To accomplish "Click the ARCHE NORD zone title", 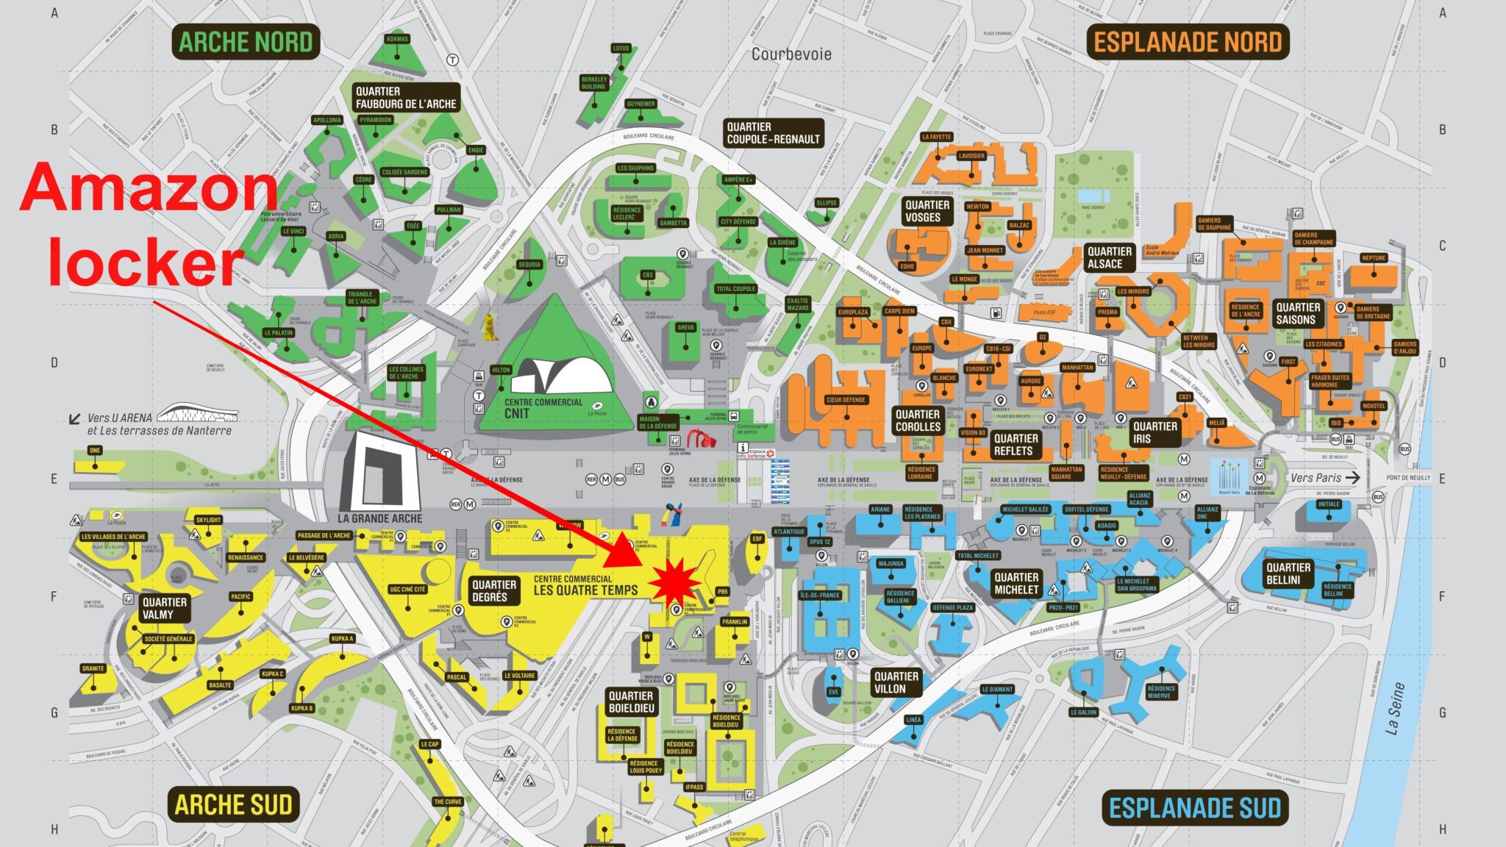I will [246, 42].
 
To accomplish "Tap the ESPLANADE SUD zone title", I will [1194, 808].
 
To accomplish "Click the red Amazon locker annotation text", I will [147, 224].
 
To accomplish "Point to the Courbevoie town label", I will [791, 54].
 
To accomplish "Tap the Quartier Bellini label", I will [1288, 573].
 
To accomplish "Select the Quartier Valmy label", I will [164, 608].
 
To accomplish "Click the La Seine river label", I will [1394, 708].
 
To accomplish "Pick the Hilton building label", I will [501, 370].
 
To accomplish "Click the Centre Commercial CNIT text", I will [543, 408].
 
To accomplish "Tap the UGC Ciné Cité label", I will [407, 589].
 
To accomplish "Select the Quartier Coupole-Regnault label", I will [773, 133].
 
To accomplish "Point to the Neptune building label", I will [1373, 258].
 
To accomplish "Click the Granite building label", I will [93, 668].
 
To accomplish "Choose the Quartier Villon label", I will [895, 682].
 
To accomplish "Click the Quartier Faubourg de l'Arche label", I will [405, 98].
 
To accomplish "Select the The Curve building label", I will [447, 801].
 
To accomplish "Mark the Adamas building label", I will [396, 39].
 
